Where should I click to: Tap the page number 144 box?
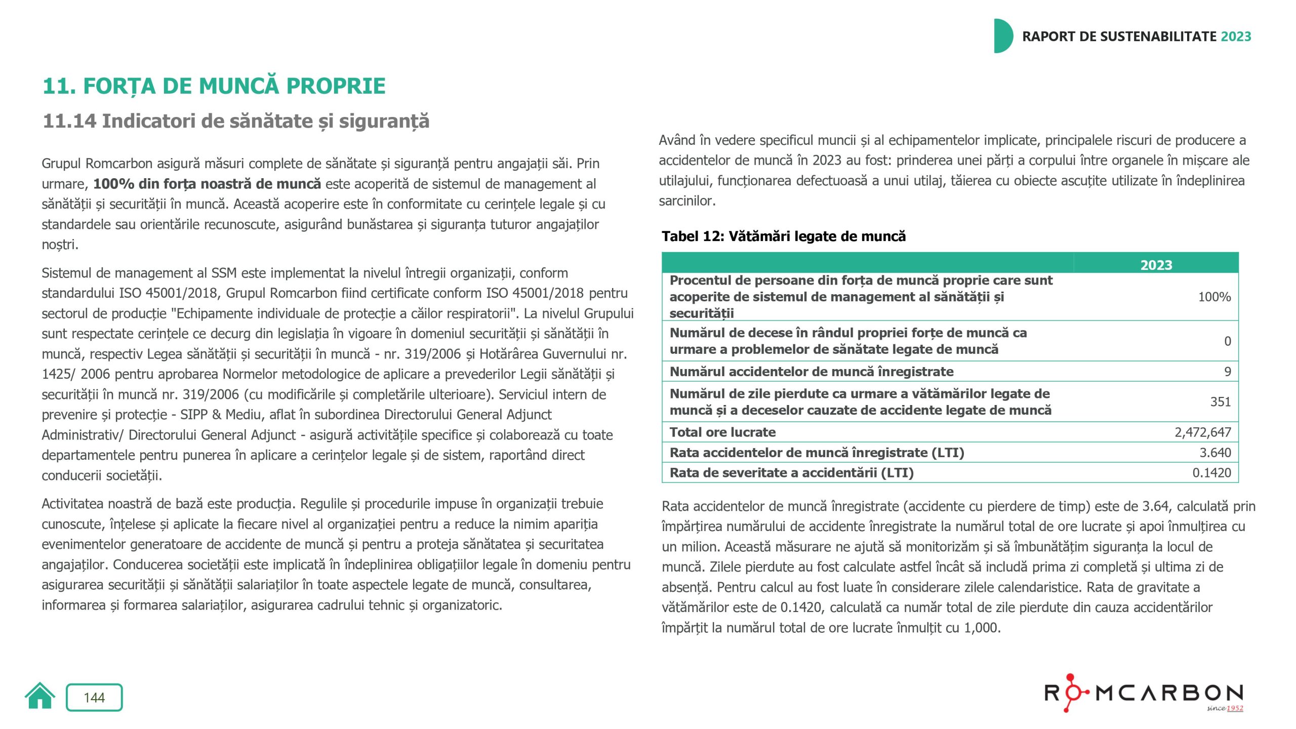click(94, 698)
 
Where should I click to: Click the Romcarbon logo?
click(1144, 693)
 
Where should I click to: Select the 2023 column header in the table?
click(1156, 265)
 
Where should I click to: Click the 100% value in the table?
click(1214, 297)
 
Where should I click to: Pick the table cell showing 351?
click(1220, 401)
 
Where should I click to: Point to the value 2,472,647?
click(1202, 432)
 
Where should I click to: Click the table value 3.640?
click(1215, 452)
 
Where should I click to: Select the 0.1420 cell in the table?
click(1211, 472)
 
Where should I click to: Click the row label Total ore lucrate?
click(722, 432)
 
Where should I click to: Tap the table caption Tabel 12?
click(784, 236)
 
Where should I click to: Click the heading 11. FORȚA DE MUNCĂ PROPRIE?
click(214, 86)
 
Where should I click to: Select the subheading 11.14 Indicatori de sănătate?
click(236, 121)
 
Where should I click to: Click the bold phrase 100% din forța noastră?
click(207, 184)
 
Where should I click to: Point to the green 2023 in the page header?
click(1236, 36)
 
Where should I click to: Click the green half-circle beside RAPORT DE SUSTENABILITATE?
click(1003, 36)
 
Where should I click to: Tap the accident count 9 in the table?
click(1227, 372)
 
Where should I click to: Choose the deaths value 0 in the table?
click(1227, 341)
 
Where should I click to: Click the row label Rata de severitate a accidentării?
click(791, 472)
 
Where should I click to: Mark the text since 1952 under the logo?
click(1225, 708)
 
